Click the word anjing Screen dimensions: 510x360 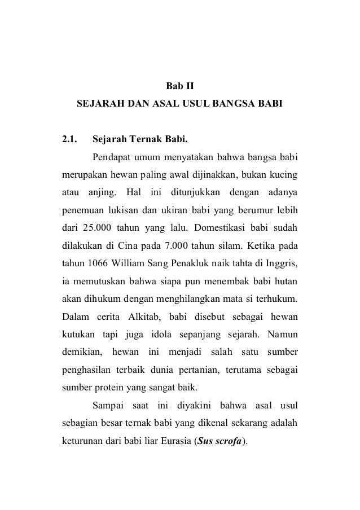tap(103, 191)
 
